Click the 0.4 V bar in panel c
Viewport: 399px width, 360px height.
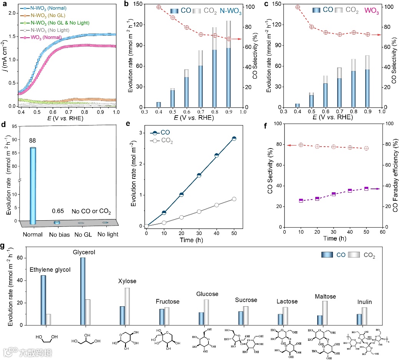(297, 106)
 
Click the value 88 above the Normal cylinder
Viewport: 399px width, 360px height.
(33, 140)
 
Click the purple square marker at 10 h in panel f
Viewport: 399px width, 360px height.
(301, 200)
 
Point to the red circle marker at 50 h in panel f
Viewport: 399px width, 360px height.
(366, 148)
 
